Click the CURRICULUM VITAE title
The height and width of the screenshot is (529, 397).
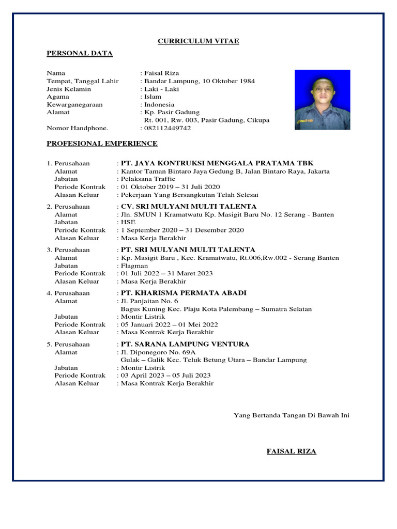point(198,41)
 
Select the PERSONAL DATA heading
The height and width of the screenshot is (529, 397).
point(80,53)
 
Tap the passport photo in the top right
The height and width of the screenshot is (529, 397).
point(322,99)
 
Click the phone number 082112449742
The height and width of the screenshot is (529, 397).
point(167,128)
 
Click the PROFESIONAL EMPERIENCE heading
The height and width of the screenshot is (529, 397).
point(102,144)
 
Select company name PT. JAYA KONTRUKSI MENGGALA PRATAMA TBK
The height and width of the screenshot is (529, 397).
point(217,163)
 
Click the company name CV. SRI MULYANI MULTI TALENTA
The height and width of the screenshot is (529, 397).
point(188,207)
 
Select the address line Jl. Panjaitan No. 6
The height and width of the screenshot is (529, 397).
point(149,301)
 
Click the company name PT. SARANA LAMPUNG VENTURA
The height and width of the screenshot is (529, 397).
point(185,344)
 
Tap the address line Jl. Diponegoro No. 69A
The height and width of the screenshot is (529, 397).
point(154,352)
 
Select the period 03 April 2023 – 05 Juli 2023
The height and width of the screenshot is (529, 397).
point(166,376)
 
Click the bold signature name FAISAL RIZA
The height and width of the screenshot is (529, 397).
point(291,452)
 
